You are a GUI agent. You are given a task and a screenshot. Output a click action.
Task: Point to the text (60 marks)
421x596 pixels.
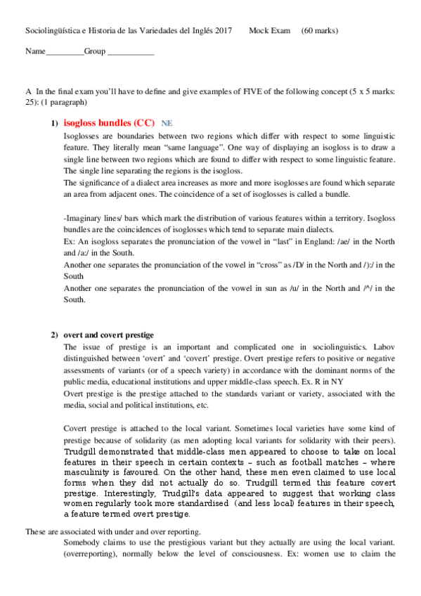coord(319,31)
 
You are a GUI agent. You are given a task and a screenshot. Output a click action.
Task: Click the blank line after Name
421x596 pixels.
coord(65,53)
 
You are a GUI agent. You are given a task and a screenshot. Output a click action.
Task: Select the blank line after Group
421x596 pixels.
coord(131,53)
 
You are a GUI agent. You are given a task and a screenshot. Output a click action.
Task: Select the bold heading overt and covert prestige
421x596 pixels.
coord(108,335)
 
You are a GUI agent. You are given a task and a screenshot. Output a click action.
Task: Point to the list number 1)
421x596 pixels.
coord(54,124)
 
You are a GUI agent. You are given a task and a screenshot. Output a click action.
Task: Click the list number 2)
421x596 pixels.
coord(54,335)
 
